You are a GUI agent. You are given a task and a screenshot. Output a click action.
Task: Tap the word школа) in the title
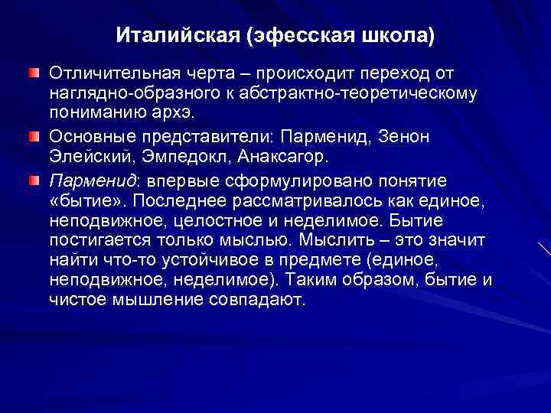(401, 35)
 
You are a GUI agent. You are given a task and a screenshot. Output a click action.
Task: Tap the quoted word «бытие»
(83, 200)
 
